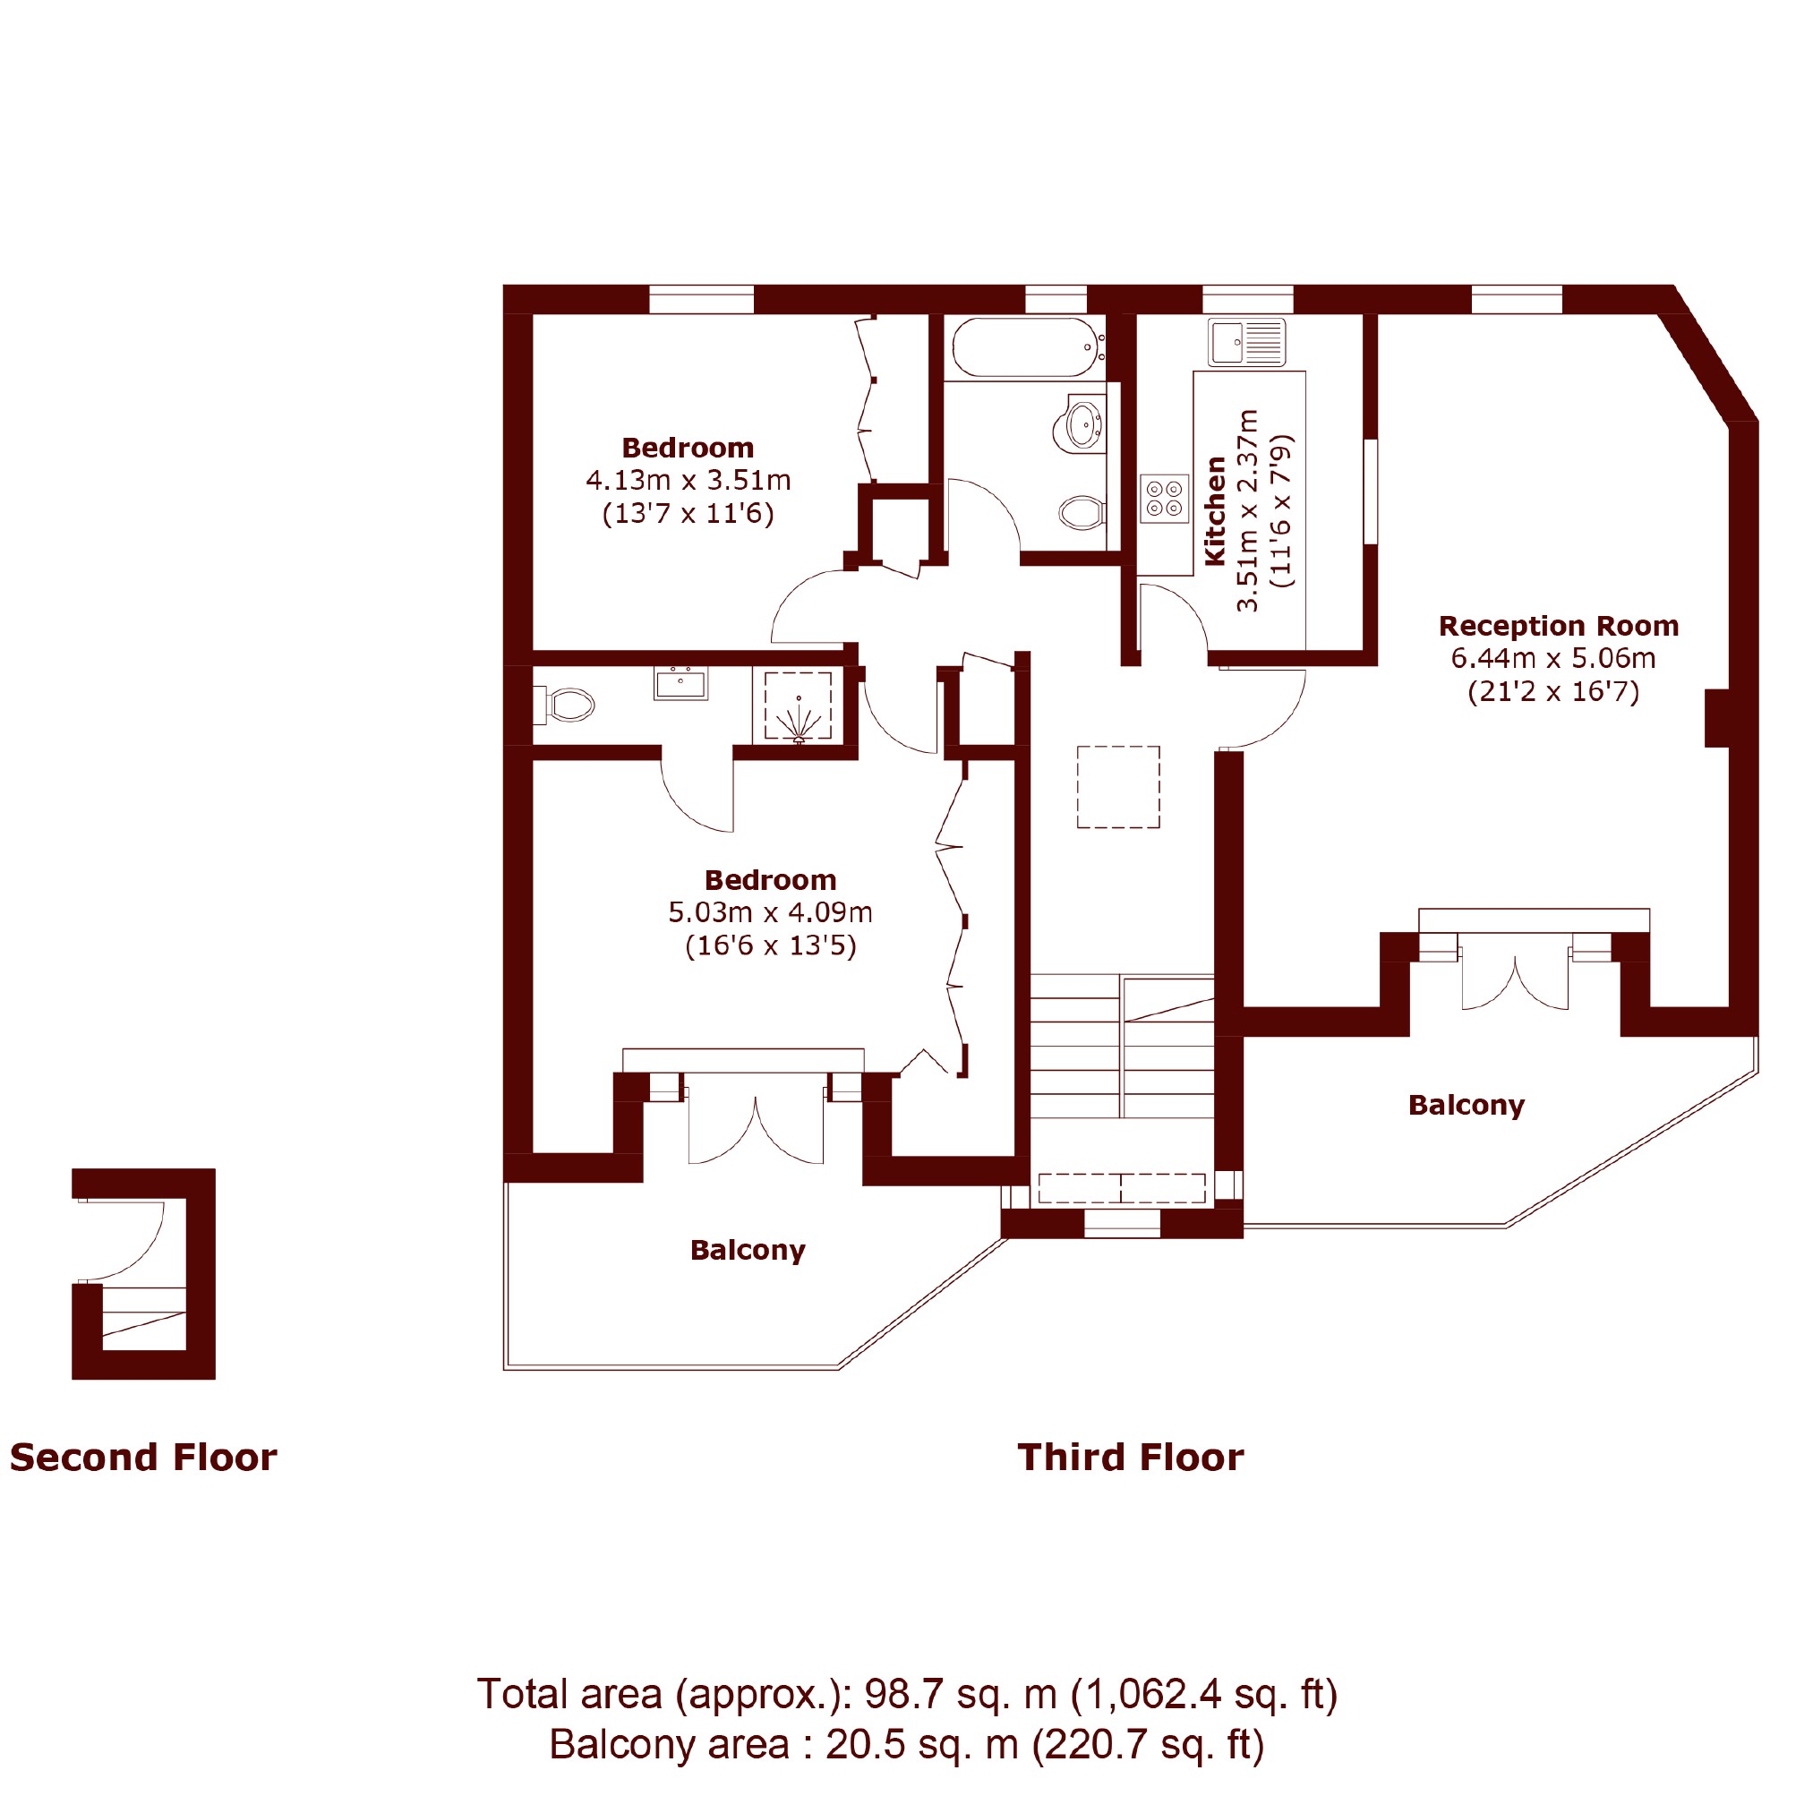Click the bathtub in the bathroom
pyautogui.click(x=1028, y=348)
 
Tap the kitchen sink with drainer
pyautogui.click(x=1247, y=343)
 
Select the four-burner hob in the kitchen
pyautogui.click(x=1165, y=499)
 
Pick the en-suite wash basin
pyautogui.click(x=680, y=683)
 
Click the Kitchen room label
pyautogui.click(x=1215, y=511)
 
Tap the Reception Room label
pyautogui.click(x=1559, y=626)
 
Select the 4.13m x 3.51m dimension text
pyautogui.click(x=688, y=481)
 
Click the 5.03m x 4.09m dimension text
pyautogui.click(x=771, y=912)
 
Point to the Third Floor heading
pyautogui.click(x=1131, y=1458)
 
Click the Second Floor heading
pyautogui.click(x=143, y=1458)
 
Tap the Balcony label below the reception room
pyautogui.click(x=1467, y=1106)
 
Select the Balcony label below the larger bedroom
pyautogui.click(x=748, y=1250)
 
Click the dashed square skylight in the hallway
pyautogui.click(x=1117, y=786)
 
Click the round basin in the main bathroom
pyautogui.click(x=1085, y=424)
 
